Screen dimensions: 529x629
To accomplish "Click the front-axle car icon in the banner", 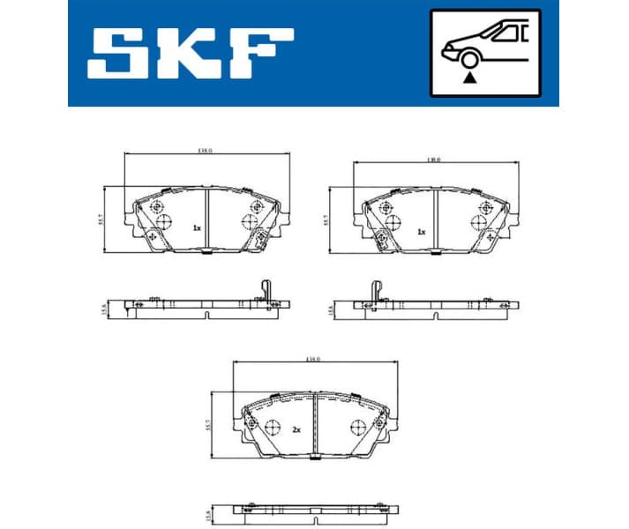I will coord(484,52).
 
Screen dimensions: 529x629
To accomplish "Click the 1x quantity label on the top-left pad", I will coord(197,227).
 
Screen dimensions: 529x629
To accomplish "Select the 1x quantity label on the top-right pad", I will coord(422,232).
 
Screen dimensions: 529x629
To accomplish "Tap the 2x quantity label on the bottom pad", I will coord(297,429).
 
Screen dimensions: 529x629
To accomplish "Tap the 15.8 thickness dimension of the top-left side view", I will coord(104,308).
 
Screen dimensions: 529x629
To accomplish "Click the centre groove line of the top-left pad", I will coord(206,220).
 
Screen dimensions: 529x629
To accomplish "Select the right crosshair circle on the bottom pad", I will coord(357,426).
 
